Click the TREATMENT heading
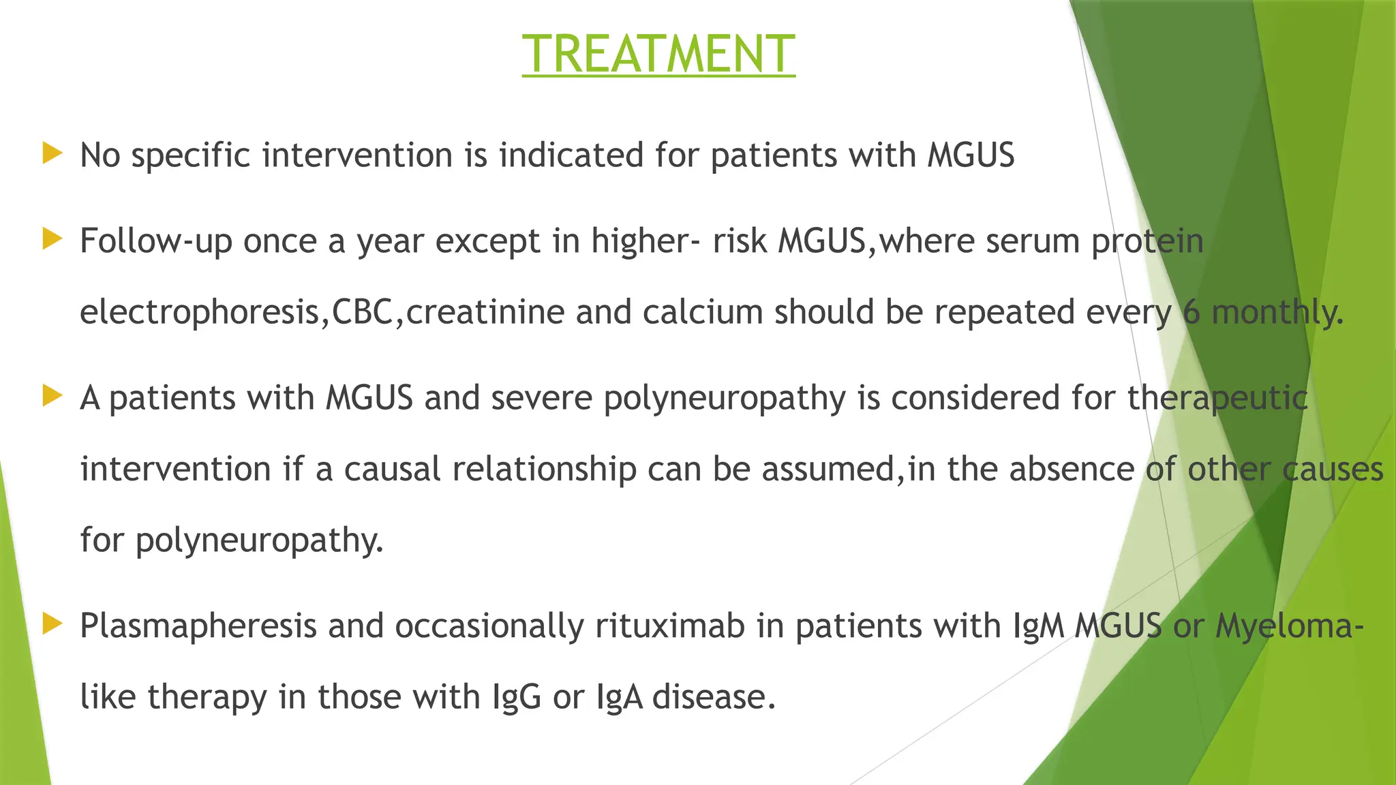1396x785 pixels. [x=658, y=54]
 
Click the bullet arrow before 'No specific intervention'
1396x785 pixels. [x=52, y=153]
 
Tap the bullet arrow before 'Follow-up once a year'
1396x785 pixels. [x=52, y=239]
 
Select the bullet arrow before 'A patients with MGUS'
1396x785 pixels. [x=52, y=396]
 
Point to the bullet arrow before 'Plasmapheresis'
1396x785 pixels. [x=52, y=624]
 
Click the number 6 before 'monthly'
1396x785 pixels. [x=1191, y=312]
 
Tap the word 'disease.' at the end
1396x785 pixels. [x=714, y=696]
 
